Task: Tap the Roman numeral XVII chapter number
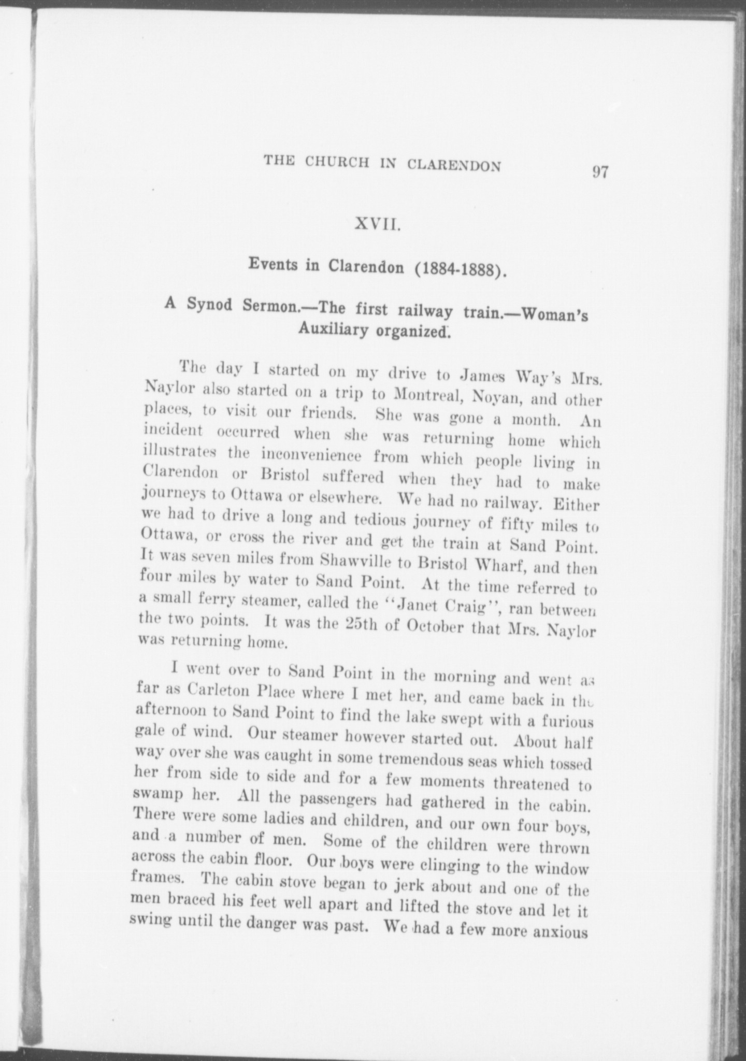377,225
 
